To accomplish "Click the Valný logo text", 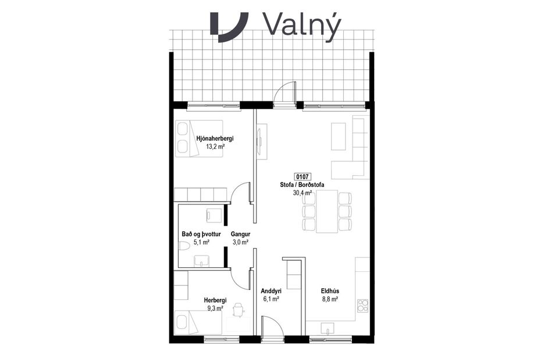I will click(x=301, y=24).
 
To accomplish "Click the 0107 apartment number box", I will click(x=301, y=176).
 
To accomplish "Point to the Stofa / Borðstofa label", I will click(x=301, y=185).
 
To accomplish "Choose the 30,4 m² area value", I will click(x=302, y=194).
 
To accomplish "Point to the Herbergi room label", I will click(x=215, y=300).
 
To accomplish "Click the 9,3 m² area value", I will click(x=215, y=309).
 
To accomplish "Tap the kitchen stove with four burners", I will click(x=362, y=306).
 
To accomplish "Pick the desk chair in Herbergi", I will click(x=239, y=312).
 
